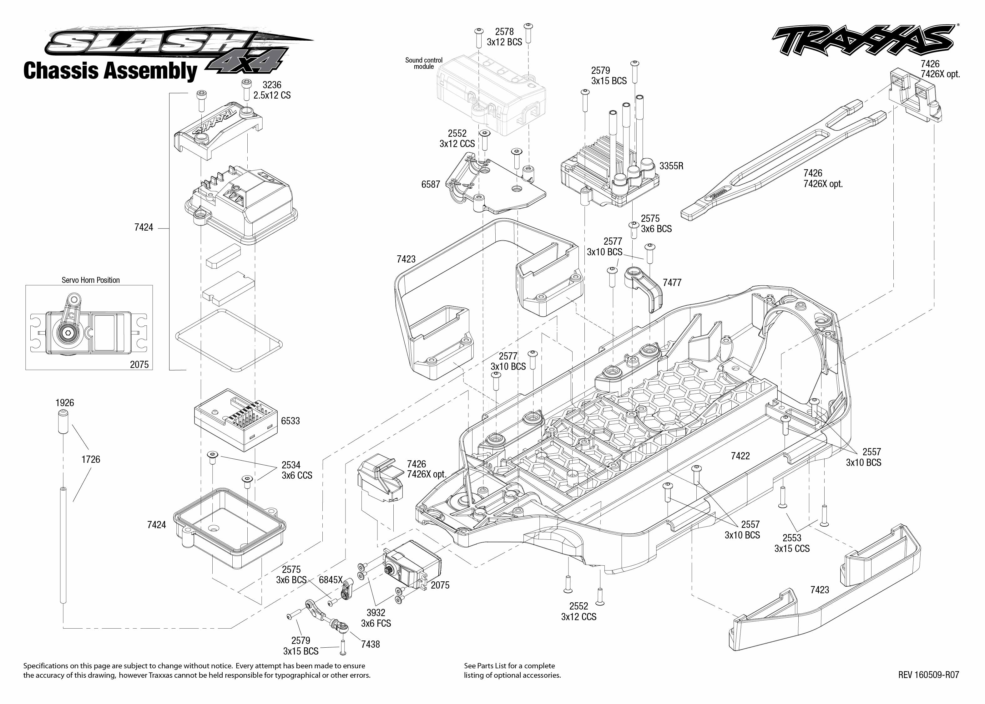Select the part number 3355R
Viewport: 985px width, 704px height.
671,166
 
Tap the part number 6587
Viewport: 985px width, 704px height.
430,185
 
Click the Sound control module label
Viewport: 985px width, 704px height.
424,63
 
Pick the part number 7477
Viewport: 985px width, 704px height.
672,283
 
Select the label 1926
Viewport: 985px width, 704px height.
64,403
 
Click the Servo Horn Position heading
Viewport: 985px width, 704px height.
91,280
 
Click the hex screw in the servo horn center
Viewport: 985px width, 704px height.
68,333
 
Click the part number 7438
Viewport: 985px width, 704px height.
370,645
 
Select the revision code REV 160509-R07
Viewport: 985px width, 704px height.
928,675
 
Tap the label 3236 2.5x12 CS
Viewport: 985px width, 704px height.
272,90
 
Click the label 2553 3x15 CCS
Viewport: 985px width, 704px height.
792,543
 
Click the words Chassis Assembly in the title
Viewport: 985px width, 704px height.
110,71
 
